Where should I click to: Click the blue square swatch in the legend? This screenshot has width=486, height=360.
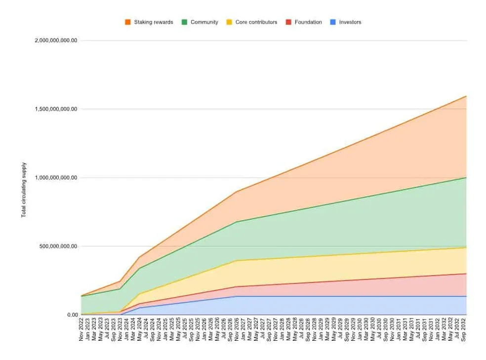pyautogui.click(x=333, y=22)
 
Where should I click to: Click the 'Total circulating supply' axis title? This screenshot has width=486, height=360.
pyautogui.click(x=24, y=190)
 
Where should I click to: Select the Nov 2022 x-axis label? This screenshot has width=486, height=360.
pyautogui.click(x=81, y=330)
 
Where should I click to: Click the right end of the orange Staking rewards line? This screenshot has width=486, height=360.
pyautogui.click(x=466, y=96)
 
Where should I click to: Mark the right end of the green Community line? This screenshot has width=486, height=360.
pyautogui.click(x=466, y=178)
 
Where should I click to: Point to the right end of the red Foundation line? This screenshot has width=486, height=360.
pyautogui.click(x=466, y=274)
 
